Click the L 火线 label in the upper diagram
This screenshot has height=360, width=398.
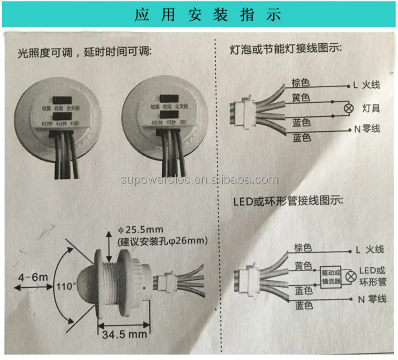point(366,85)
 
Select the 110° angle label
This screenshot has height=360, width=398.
point(67,286)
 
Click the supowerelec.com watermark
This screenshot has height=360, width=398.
point(199,180)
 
